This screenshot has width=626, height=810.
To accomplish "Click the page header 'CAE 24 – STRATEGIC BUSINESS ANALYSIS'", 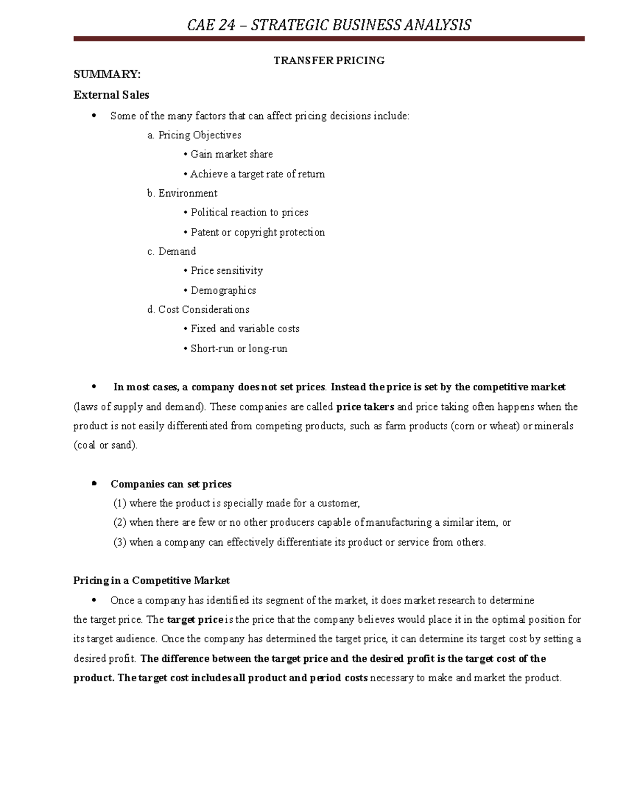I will (x=329, y=25).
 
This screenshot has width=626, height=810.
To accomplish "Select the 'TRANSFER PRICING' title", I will (x=329, y=61).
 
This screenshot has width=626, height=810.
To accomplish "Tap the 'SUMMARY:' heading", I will (x=107, y=75).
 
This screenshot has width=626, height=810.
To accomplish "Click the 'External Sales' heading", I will (x=111, y=95).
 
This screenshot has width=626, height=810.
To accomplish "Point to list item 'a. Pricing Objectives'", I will (x=194, y=135).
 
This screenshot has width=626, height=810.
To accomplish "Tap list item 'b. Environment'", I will (x=182, y=194).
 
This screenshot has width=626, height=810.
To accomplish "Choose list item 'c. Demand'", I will (x=172, y=251).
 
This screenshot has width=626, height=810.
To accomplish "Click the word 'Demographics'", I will (x=223, y=291).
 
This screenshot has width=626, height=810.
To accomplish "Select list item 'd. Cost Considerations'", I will (x=198, y=310).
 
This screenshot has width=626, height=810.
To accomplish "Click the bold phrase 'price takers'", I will (x=365, y=407).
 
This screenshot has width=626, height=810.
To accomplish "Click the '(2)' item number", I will (x=120, y=523).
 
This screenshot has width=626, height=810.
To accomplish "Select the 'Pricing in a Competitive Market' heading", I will (x=151, y=581).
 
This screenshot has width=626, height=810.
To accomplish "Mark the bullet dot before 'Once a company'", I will (x=94, y=600).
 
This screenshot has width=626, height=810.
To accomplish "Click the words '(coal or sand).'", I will (x=105, y=445).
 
